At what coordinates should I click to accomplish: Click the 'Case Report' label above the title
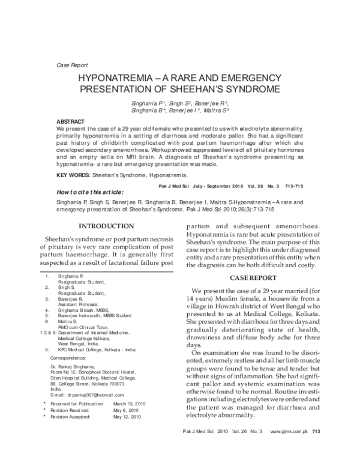(71, 65)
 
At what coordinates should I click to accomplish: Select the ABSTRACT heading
(70, 121)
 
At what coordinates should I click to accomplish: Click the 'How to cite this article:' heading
(89, 192)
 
